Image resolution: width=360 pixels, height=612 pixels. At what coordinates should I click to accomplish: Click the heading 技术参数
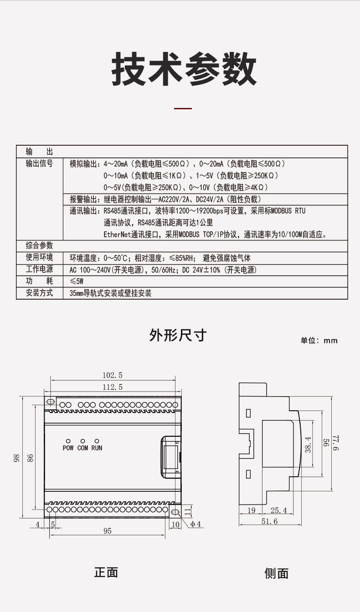click(x=183, y=69)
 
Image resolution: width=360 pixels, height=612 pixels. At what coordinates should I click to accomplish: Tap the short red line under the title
click(x=183, y=108)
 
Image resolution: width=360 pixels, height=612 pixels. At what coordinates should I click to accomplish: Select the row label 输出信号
click(x=39, y=163)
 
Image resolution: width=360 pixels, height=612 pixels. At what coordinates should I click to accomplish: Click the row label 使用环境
click(x=39, y=257)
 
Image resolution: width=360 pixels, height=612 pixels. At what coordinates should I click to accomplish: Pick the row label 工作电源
click(x=39, y=269)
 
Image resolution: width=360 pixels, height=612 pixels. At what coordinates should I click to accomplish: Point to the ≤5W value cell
click(x=77, y=281)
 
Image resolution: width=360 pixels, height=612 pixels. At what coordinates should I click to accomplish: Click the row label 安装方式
click(x=39, y=293)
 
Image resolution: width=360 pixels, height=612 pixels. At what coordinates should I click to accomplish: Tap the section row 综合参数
click(x=39, y=245)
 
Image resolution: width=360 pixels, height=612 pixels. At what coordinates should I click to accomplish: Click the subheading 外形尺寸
click(x=178, y=335)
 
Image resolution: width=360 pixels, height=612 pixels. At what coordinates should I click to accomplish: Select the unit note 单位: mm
click(x=319, y=341)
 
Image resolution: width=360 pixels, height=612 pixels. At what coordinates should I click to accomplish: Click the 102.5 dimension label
click(x=113, y=375)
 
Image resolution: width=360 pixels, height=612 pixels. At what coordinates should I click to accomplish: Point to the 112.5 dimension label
click(x=113, y=387)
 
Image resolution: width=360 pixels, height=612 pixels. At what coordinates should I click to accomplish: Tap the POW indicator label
click(x=68, y=448)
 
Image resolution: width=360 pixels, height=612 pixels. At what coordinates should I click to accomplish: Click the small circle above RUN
click(x=97, y=441)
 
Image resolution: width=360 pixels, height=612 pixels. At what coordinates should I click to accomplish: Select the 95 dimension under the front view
click(x=108, y=530)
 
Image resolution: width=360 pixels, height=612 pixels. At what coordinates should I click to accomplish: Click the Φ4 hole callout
click(x=195, y=524)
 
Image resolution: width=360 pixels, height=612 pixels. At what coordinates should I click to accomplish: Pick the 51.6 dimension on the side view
click(x=269, y=521)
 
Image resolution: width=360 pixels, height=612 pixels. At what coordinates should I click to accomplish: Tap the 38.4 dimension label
click(x=308, y=444)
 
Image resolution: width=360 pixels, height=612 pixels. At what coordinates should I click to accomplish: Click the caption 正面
click(x=106, y=572)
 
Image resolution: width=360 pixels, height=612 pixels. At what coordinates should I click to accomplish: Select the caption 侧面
click(x=276, y=573)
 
